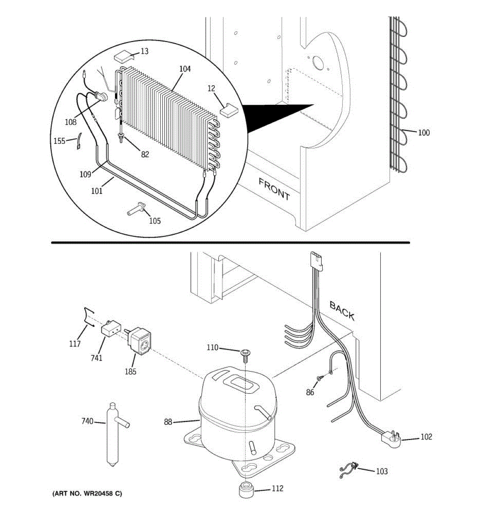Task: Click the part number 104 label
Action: tap(185, 69)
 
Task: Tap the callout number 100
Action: tap(424, 133)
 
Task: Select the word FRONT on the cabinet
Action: tap(274, 189)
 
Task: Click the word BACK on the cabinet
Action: tap(342, 311)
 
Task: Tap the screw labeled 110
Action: tap(245, 353)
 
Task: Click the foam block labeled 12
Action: tap(229, 109)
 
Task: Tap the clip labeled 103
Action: tap(350, 469)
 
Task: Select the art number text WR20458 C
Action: tap(87, 494)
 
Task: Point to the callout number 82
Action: tap(145, 154)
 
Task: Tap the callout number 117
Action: tap(75, 344)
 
